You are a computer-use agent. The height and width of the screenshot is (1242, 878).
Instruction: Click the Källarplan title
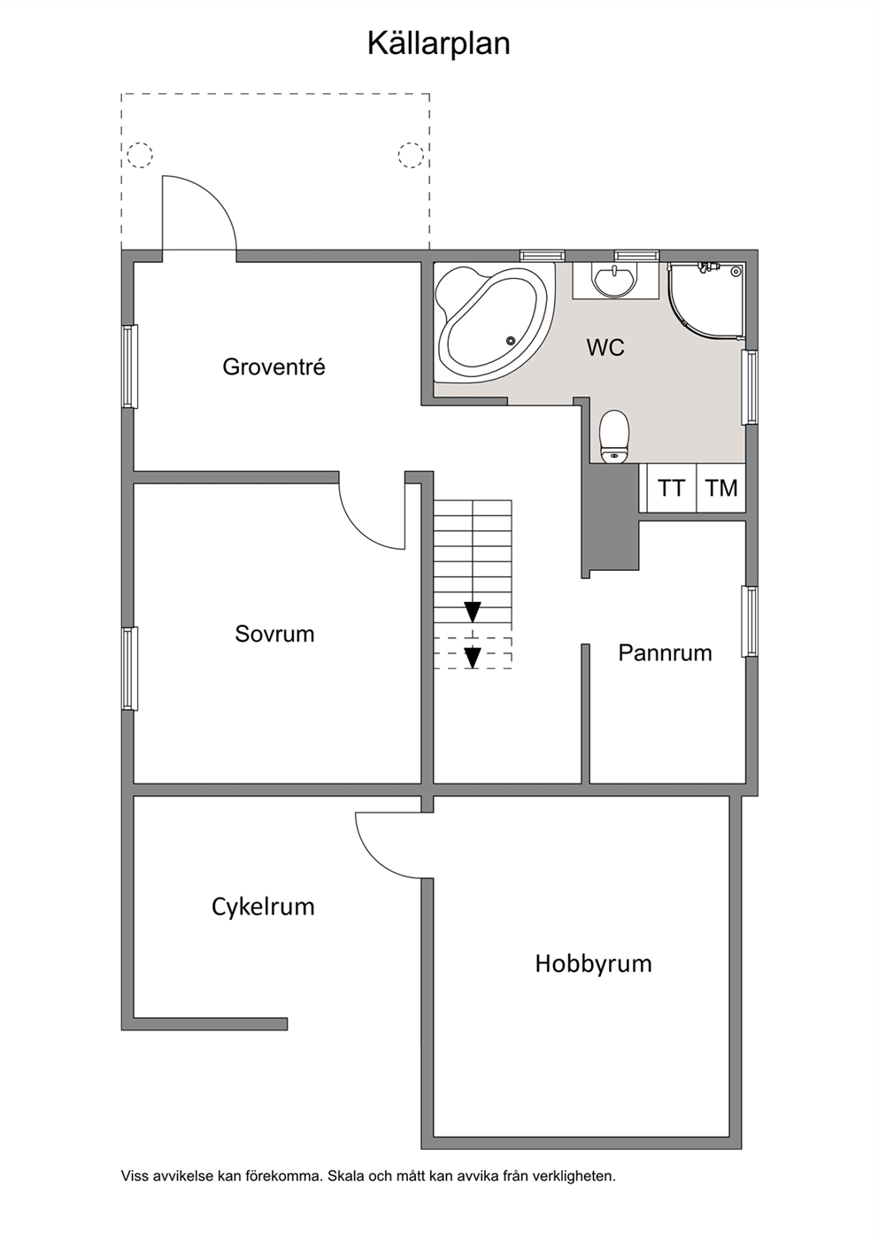438,45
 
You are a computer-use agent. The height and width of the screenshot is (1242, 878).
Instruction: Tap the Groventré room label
273,367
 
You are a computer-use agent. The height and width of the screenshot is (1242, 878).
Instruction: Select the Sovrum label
274,634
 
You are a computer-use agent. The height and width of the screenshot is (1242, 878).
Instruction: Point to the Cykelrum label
263,907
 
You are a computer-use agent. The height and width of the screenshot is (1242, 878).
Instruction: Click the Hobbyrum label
593,964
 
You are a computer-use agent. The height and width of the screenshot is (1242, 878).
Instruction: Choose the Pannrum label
665,652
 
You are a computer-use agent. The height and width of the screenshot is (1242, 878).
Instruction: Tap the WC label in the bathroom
605,348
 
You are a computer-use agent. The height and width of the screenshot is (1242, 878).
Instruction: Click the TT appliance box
671,488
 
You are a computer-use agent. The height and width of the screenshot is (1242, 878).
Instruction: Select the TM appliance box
721,488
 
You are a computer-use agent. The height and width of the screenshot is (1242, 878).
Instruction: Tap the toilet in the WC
613,436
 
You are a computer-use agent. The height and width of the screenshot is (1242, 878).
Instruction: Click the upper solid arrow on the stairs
473,612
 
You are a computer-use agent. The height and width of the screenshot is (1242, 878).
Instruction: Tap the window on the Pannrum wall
751,621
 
